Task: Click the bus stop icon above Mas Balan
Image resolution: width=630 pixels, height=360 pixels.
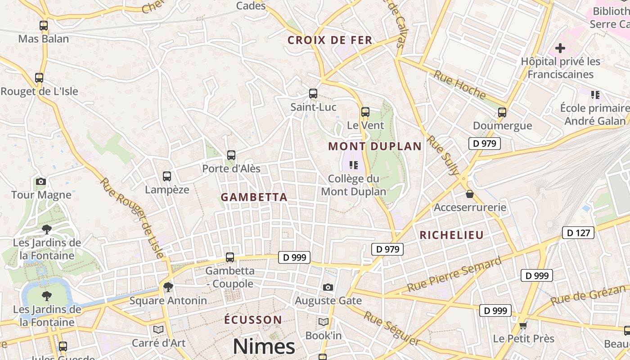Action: coord(44,26)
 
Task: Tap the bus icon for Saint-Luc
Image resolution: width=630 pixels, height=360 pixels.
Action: coord(313,94)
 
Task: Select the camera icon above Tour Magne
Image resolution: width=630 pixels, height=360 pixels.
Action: coord(41,182)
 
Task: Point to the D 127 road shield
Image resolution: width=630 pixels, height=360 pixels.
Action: coord(578,233)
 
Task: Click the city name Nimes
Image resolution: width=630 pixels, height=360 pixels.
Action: coord(264,346)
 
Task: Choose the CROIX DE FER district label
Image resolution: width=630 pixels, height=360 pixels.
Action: coord(330,40)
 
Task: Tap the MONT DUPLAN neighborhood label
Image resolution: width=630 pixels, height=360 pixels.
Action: coord(375,146)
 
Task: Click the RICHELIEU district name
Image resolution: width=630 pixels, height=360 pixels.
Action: coord(451,235)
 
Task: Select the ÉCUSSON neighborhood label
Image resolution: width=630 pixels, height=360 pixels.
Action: coord(253,320)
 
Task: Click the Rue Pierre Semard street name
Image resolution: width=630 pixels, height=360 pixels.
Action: coord(454,274)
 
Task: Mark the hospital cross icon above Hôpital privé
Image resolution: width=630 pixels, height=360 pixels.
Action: coord(560,48)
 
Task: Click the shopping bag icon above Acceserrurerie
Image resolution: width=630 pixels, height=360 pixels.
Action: coord(470,194)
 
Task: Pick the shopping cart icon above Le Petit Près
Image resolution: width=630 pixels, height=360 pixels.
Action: coord(523,325)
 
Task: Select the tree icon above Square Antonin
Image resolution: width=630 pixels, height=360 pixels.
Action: coord(168,287)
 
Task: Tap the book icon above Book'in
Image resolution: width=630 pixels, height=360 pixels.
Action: coord(323,322)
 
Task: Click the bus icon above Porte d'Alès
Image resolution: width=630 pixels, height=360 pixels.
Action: coord(231,155)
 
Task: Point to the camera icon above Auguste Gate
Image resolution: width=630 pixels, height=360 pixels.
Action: coord(328,287)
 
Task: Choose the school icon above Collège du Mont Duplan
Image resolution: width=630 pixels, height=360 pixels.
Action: coord(353,165)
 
